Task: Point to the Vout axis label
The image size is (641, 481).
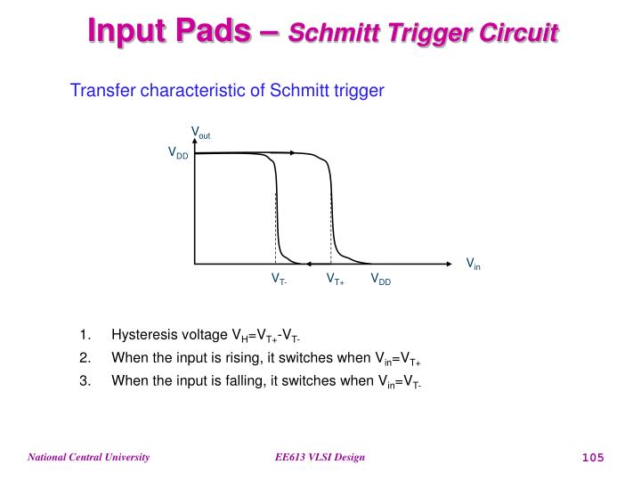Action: [x=200, y=135]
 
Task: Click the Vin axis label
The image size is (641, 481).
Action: [x=474, y=264]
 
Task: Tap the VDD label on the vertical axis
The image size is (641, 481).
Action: [x=178, y=153]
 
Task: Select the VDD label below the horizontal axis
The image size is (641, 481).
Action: [x=381, y=280]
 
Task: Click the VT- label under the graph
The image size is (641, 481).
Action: [x=279, y=280]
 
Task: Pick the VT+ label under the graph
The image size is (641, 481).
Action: [x=335, y=280]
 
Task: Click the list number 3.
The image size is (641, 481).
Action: [x=84, y=380]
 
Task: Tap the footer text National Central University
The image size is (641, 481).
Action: [x=88, y=458]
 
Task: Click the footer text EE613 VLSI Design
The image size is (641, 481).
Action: [x=320, y=458]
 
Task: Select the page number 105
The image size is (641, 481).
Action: [x=593, y=458]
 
